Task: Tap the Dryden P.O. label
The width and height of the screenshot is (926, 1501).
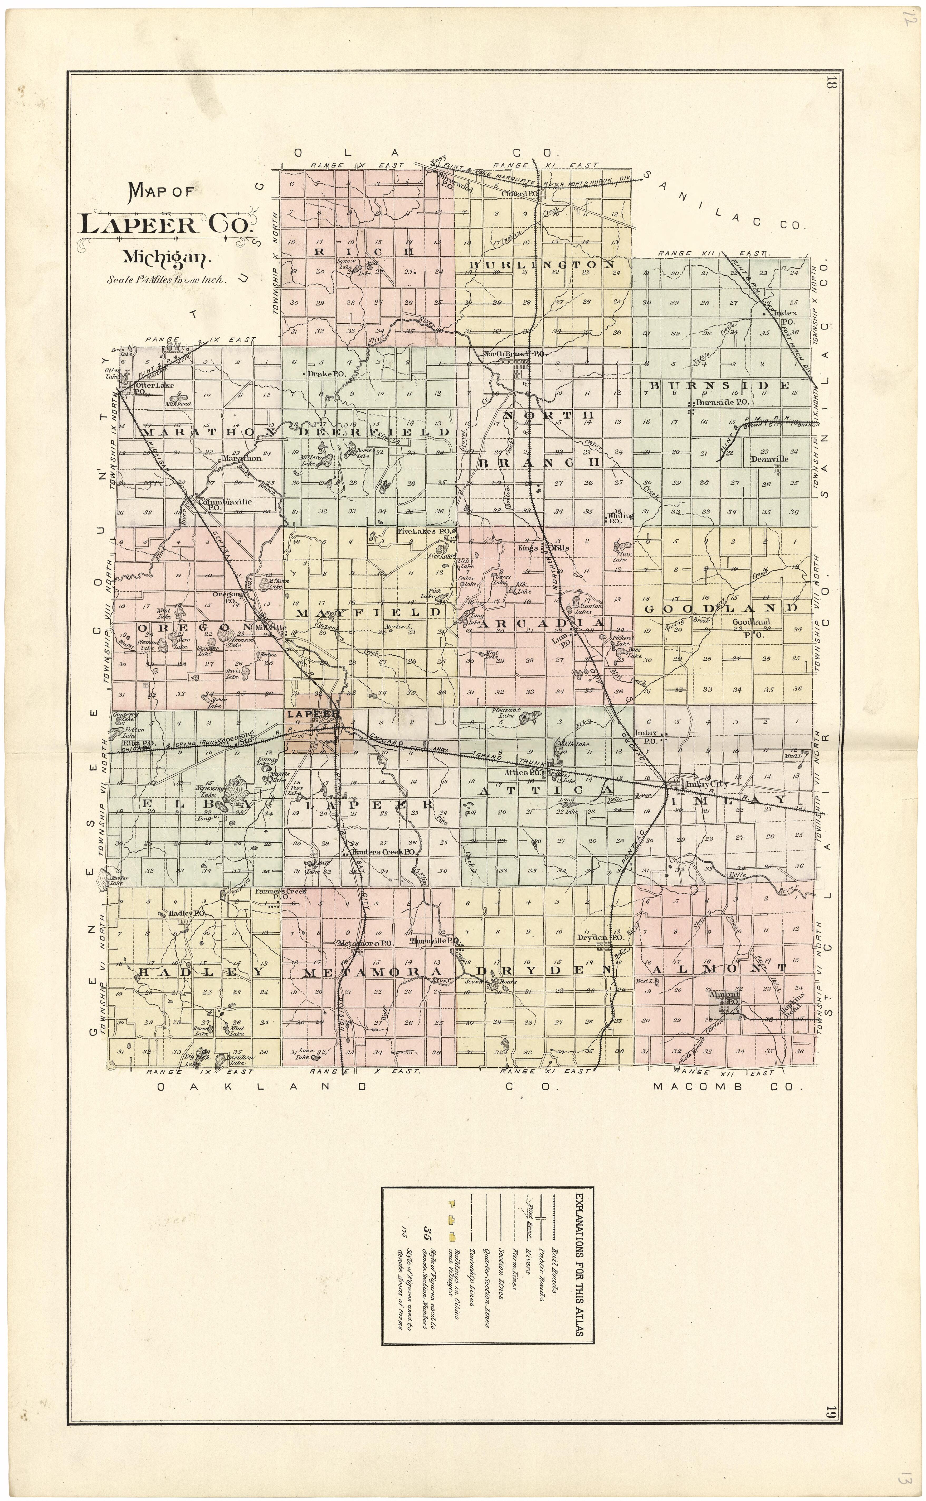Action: [600, 938]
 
